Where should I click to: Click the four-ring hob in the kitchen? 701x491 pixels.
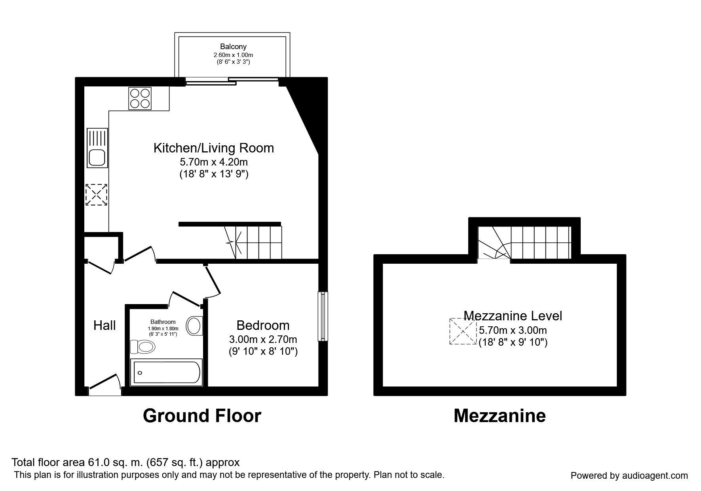[140, 98]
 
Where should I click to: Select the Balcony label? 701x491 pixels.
[234, 47]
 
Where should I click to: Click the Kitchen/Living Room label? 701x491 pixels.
[214, 148]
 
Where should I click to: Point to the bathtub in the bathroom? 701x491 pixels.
[166, 372]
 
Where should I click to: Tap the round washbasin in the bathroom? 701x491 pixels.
[194, 325]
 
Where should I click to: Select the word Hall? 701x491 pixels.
[104, 325]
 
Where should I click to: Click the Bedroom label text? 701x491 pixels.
[263, 325]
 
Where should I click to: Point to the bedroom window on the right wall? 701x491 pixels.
[323, 316]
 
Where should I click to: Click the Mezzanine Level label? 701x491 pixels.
[513, 316]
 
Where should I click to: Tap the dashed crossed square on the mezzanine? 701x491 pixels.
[463, 331]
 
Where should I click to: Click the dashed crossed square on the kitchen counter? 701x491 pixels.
[97, 194]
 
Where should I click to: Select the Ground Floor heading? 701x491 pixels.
[202, 416]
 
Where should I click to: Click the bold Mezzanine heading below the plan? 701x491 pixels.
[500, 416]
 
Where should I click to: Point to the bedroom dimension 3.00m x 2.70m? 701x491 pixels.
[263, 339]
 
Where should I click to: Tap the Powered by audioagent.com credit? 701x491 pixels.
[629, 476]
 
